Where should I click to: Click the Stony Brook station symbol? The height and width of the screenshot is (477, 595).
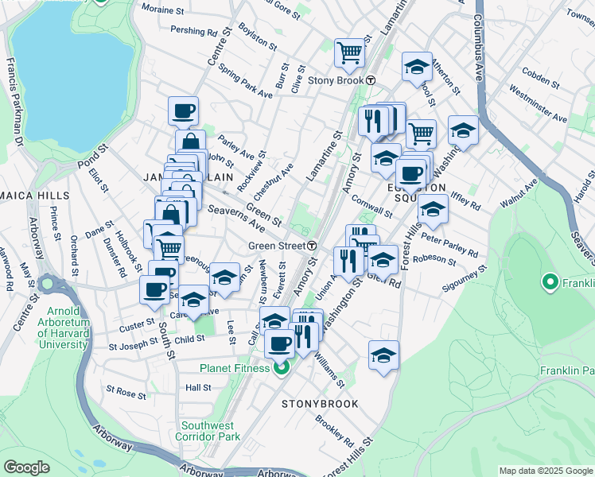pos(371,79)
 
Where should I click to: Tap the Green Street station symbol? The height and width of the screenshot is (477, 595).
pos(313,246)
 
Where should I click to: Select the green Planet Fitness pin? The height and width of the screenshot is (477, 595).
pos(280,368)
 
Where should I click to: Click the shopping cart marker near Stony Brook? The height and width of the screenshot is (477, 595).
pos(349,53)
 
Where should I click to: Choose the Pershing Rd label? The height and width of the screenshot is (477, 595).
pos(196,32)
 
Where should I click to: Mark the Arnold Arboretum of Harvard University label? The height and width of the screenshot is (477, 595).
pos(63,333)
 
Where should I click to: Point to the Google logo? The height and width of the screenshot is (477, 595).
pos(26,467)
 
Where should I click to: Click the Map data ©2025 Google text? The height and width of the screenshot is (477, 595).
pos(546,471)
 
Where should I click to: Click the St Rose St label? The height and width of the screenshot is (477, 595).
pos(126,393)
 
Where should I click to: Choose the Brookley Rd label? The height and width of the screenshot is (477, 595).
pos(334,429)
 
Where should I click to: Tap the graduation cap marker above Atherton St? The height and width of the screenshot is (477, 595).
pos(416,68)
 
